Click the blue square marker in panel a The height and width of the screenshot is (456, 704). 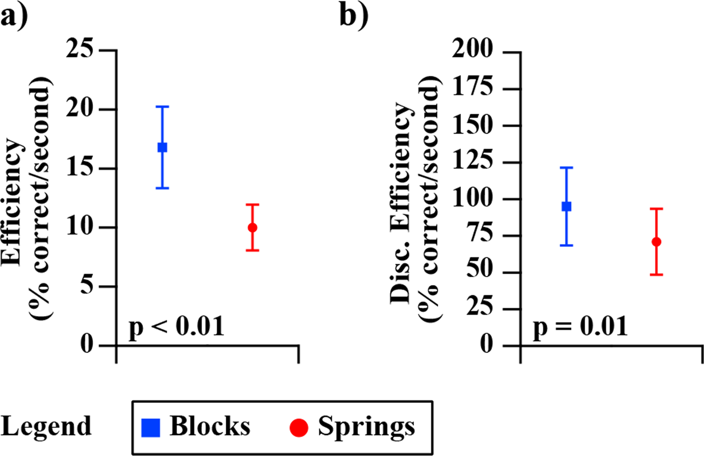pos(162,147)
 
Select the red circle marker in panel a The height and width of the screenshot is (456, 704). pos(253,227)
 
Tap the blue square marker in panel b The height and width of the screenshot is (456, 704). pos(566,207)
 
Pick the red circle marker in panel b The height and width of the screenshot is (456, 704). pos(657,242)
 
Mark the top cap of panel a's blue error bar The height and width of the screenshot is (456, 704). pos(162,106)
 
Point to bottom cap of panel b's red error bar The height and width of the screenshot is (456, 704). pos(657,275)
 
